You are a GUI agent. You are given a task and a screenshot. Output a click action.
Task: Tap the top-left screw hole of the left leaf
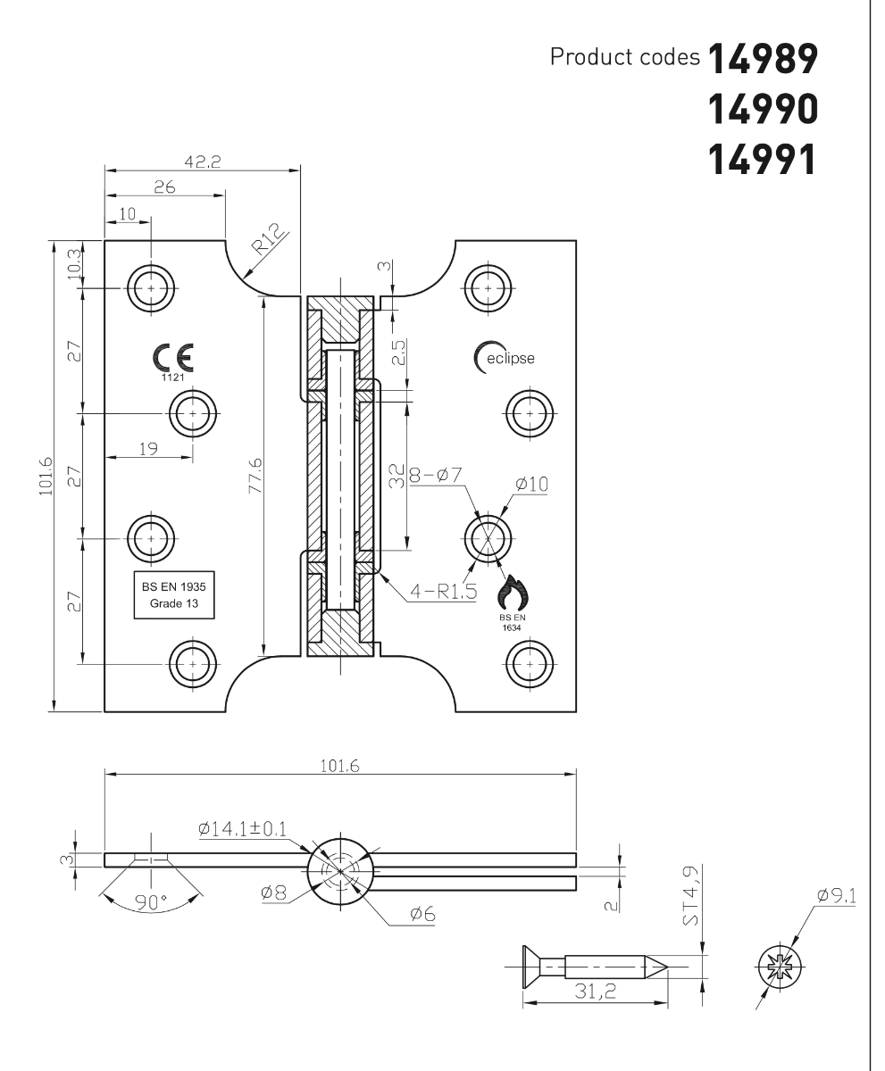[x=152, y=288]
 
